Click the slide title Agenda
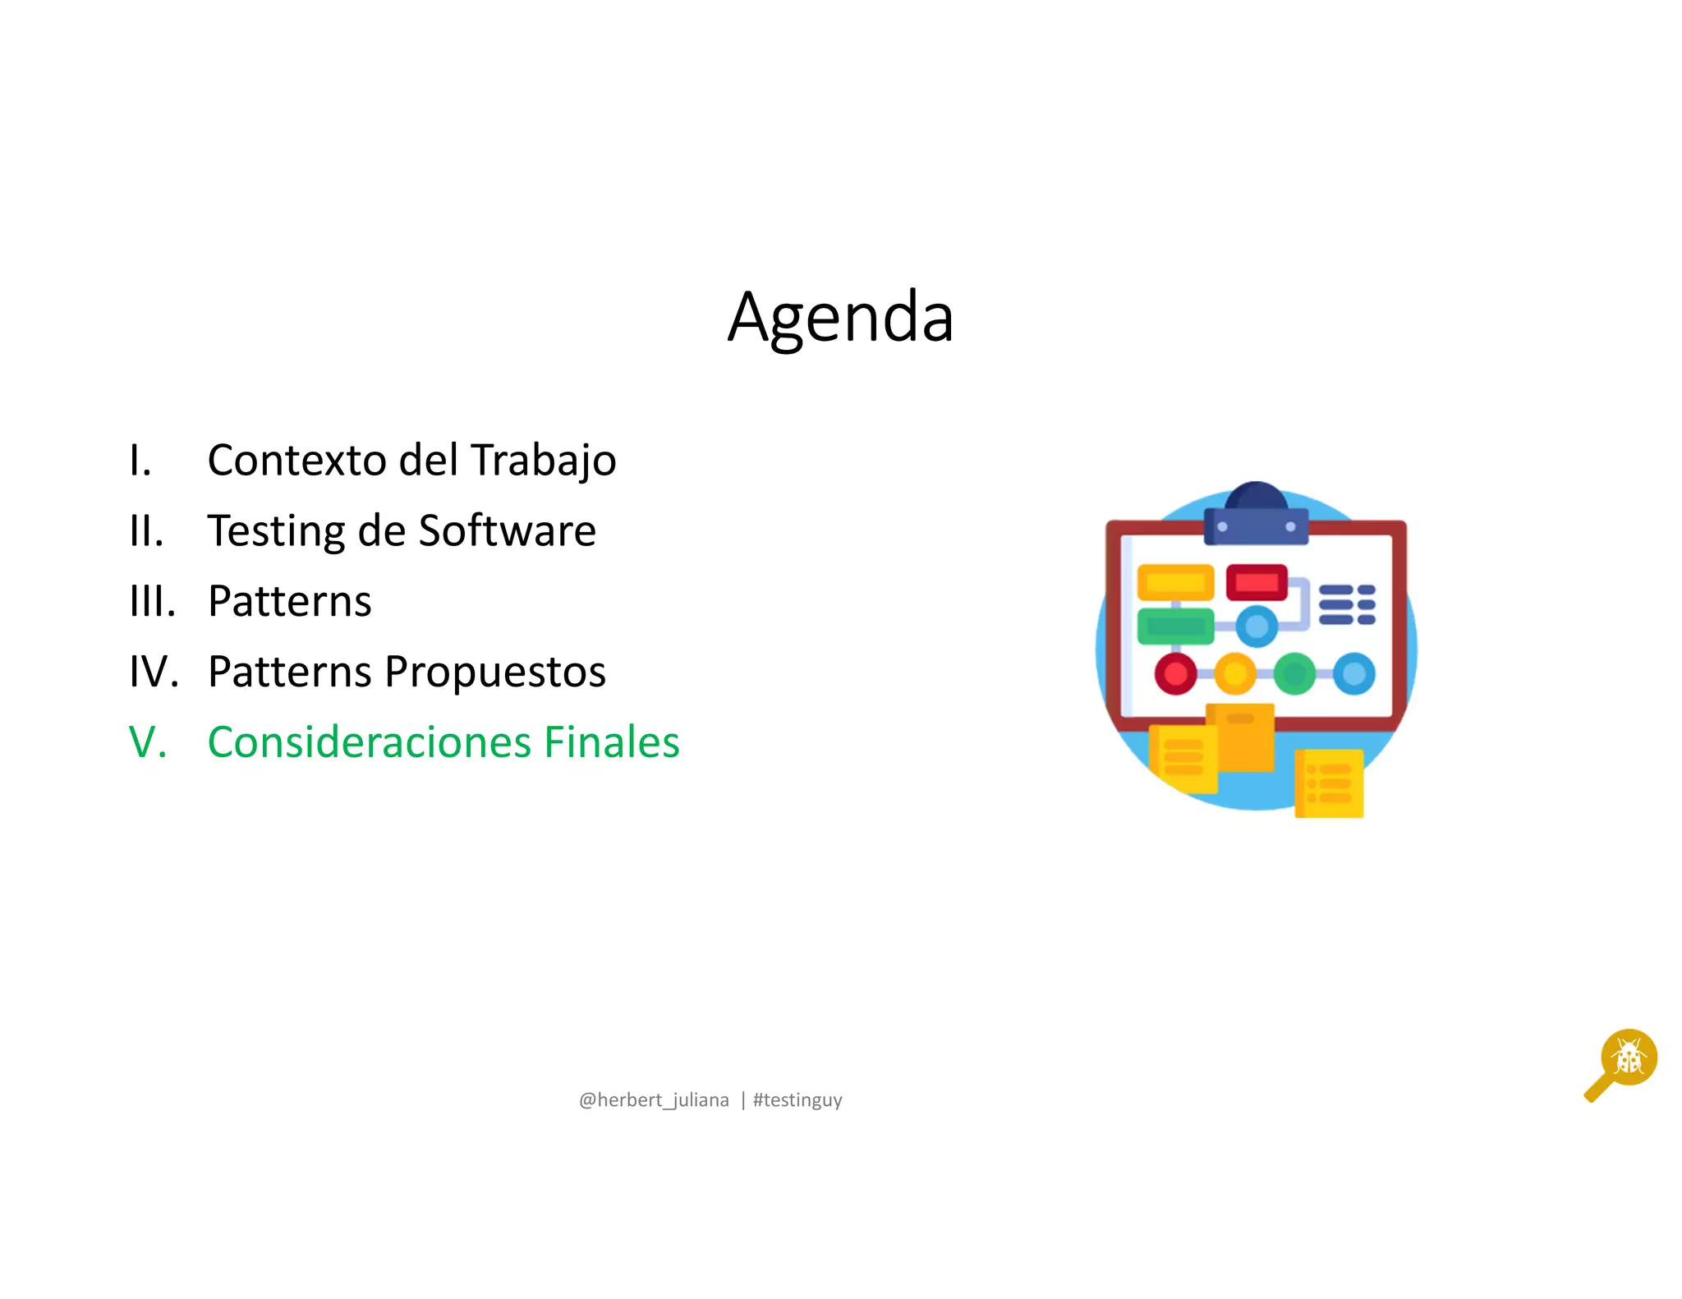click(x=840, y=318)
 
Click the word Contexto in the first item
click(x=296, y=460)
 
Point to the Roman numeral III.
click(x=153, y=602)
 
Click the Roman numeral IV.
click(x=154, y=672)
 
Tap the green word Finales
click(x=612, y=742)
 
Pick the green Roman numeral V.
click(x=149, y=742)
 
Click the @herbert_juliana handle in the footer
click(x=654, y=1100)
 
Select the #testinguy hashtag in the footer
click(x=797, y=1100)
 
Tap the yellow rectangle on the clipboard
click(x=1175, y=582)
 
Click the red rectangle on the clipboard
click(x=1256, y=581)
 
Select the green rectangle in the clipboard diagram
click(x=1175, y=627)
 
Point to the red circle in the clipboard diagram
click(x=1175, y=674)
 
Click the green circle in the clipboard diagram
click(x=1294, y=674)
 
